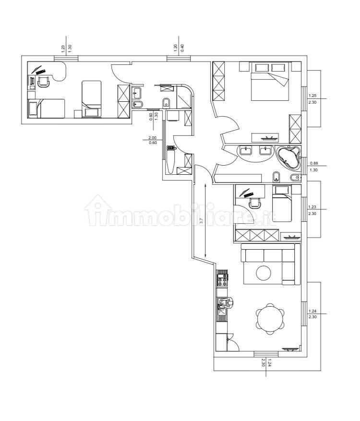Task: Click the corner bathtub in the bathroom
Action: [x=288, y=158]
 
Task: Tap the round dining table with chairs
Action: [x=270, y=319]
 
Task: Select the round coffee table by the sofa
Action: [x=264, y=273]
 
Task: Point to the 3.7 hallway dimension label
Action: [x=202, y=220]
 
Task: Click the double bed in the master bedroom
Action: [x=270, y=81]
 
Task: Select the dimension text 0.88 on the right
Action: [x=314, y=163]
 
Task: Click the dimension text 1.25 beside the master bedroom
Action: [x=312, y=96]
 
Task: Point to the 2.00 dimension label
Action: [x=153, y=138]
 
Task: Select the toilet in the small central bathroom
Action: [x=166, y=103]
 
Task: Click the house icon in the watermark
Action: [x=98, y=209]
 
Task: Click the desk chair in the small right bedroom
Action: [x=255, y=203]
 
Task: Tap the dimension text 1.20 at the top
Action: [x=176, y=48]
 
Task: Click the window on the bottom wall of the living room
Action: [x=266, y=354]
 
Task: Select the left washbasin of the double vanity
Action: [x=245, y=150]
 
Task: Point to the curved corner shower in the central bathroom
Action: [x=184, y=96]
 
